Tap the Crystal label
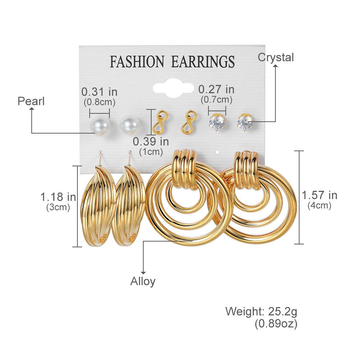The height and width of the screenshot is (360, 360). (x=276, y=57)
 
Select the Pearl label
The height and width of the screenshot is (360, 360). (x=31, y=101)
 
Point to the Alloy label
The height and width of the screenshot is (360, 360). (x=143, y=281)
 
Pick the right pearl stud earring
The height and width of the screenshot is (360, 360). (x=130, y=125)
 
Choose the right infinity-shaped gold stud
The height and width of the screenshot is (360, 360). (x=188, y=122)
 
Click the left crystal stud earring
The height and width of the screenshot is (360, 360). (x=217, y=122)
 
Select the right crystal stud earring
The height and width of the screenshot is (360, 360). (x=245, y=122)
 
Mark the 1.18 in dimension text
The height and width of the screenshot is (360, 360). (x=58, y=197)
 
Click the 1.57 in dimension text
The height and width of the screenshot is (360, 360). (x=319, y=195)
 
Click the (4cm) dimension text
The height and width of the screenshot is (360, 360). (x=319, y=206)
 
